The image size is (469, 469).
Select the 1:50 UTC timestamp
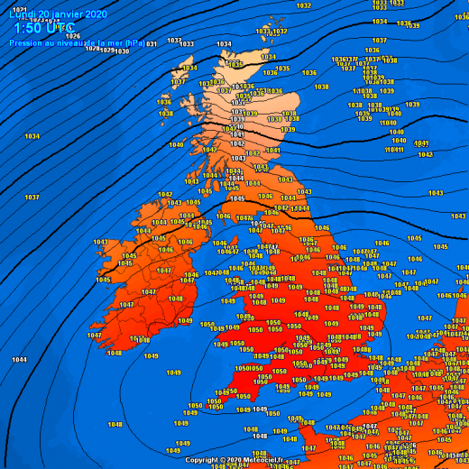(x=43, y=29)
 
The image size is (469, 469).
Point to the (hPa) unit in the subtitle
(x=132, y=42)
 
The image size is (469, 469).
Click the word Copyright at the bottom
(x=206, y=460)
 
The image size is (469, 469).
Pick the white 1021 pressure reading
(x=20, y=10)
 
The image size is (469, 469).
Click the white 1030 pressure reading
(x=121, y=51)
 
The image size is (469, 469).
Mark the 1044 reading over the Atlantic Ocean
(x=19, y=359)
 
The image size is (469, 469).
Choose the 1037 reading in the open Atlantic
(x=32, y=197)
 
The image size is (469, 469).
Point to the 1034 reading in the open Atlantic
(x=32, y=136)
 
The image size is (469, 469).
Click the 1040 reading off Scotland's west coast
(x=176, y=144)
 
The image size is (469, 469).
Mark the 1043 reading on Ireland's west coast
(x=101, y=242)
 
